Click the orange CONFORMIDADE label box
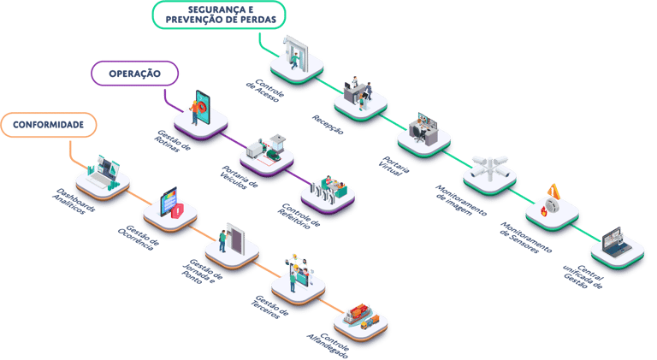tap(48, 125)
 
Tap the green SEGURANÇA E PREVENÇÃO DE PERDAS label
tap(218, 15)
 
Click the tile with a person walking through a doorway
tap(296, 60)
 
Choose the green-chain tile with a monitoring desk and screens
tap(423, 133)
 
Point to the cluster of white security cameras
tap(488, 170)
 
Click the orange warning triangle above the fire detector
tap(554, 192)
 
